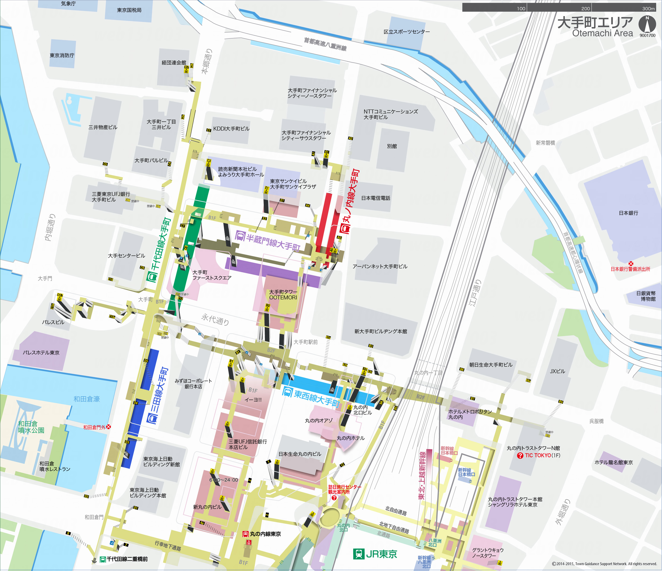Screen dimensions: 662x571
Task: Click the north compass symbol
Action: click(647, 24)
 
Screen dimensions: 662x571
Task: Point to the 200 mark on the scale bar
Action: click(585, 8)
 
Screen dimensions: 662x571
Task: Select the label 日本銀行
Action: click(628, 213)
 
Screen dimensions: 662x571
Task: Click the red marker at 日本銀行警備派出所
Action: click(631, 263)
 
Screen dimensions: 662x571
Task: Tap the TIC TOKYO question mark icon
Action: click(520, 455)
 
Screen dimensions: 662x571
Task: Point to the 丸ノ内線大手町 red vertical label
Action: click(352, 201)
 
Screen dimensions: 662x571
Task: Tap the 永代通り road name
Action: click(215, 319)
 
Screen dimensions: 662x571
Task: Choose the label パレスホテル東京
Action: click(41, 353)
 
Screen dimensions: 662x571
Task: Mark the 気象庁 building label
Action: click(68, 4)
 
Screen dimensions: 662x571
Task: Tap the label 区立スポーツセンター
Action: click(406, 32)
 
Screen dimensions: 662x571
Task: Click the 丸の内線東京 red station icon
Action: click(245, 534)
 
